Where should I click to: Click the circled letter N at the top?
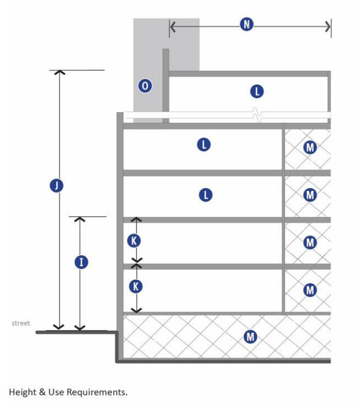click(x=246, y=24)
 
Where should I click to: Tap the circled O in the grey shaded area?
click(x=145, y=85)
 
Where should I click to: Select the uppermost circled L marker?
click(x=257, y=91)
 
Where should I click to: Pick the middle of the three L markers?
click(x=204, y=144)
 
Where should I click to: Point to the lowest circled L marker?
click(x=205, y=195)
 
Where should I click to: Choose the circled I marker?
click(x=81, y=262)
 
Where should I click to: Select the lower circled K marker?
click(x=136, y=287)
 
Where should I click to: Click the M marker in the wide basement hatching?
click(x=250, y=336)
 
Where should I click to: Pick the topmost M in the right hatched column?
click(x=309, y=147)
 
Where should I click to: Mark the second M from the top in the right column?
click(x=309, y=195)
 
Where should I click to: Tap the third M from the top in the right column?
click(x=309, y=243)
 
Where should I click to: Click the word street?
click(x=21, y=323)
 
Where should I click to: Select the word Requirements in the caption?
click(x=99, y=392)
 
